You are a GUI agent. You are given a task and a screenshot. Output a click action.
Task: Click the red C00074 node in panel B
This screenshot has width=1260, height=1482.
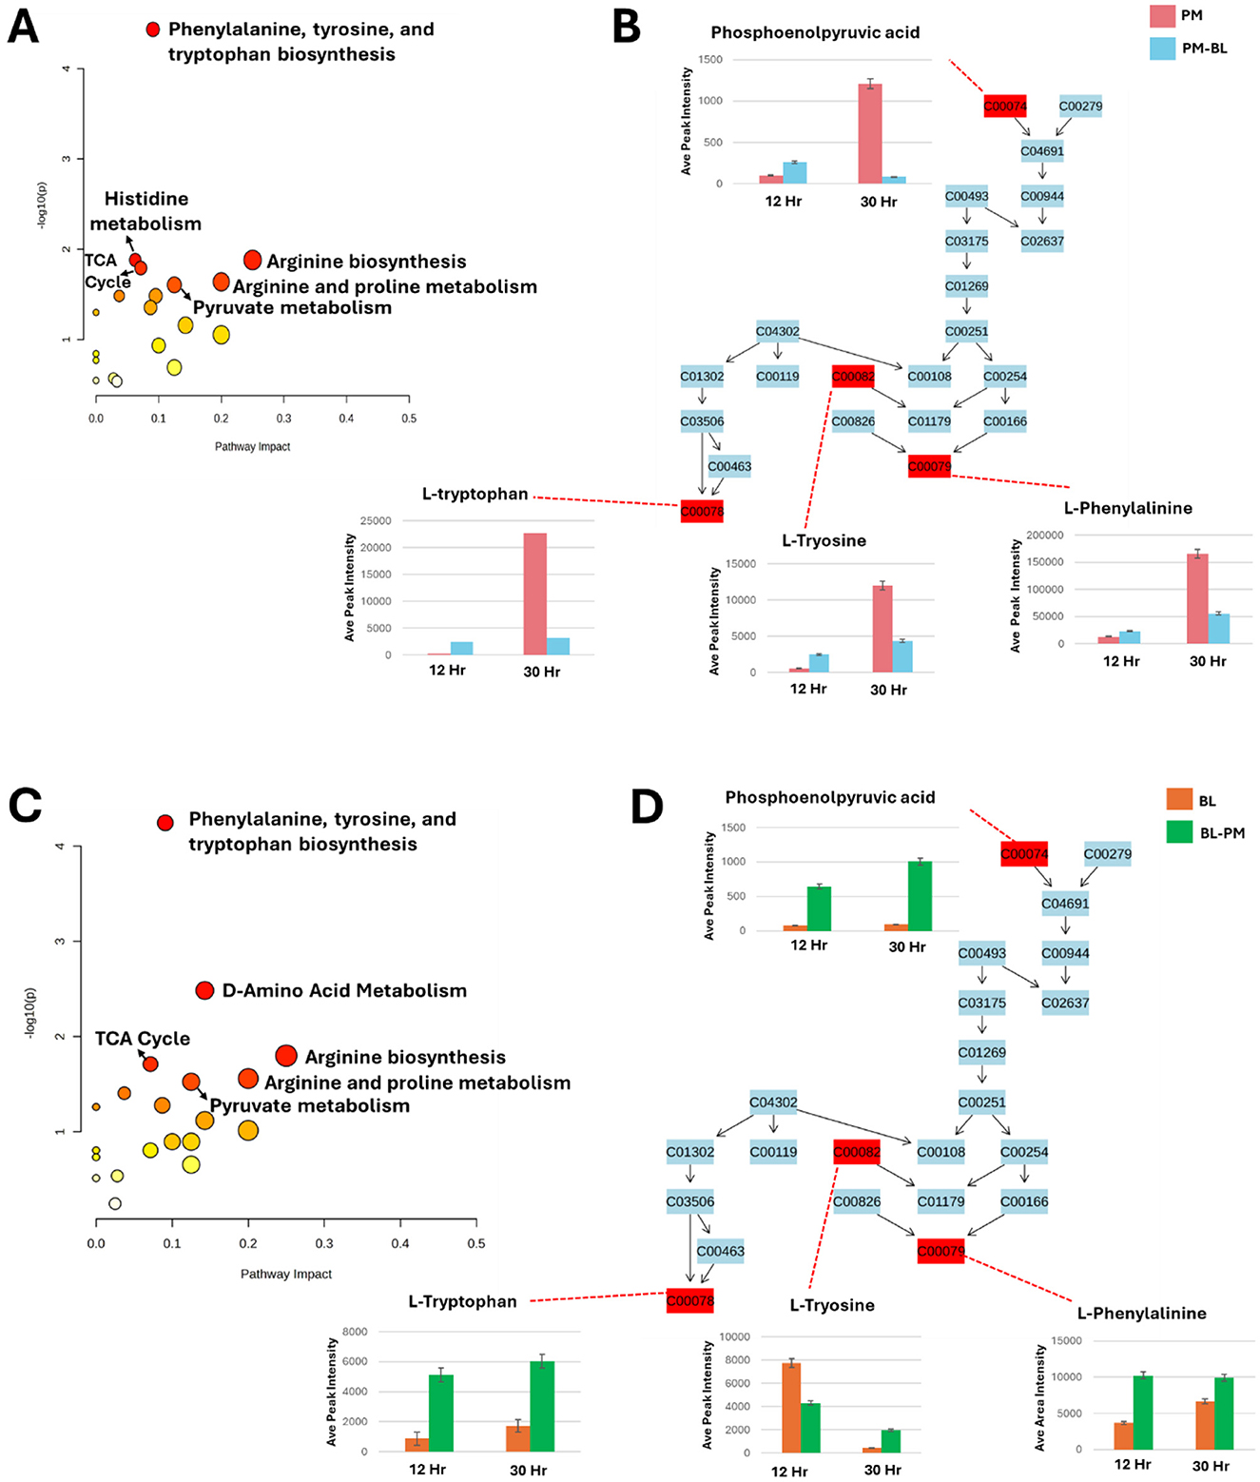click(x=1004, y=106)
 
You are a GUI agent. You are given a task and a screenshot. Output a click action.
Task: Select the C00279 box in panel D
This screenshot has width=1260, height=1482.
click(x=1107, y=853)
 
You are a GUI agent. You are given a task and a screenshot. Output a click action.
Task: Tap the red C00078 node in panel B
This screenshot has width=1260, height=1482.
click(x=702, y=511)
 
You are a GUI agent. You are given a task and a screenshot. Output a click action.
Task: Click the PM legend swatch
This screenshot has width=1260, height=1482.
click(x=1162, y=15)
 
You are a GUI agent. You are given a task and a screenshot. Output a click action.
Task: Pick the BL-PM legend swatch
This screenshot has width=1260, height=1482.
click(x=1179, y=832)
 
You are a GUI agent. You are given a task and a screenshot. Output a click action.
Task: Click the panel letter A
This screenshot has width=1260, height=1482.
click(x=24, y=27)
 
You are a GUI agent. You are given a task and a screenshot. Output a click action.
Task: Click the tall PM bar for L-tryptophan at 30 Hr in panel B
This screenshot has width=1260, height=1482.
click(x=534, y=594)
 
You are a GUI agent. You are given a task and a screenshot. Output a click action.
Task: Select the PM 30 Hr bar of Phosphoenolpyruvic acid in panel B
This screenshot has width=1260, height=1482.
click(x=869, y=133)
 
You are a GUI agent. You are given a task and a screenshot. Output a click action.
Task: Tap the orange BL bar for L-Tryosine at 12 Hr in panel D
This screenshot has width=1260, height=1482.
click(x=791, y=1407)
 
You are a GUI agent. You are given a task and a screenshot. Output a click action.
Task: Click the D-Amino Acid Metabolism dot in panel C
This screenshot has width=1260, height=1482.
click(x=204, y=990)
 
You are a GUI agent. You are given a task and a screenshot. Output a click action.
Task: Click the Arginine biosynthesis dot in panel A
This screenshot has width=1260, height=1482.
click(x=252, y=260)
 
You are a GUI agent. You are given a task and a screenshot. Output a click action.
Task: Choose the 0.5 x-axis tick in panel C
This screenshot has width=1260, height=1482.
click(x=476, y=1243)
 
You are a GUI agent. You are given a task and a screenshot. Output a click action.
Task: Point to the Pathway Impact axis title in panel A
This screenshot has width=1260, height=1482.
click(x=252, y=446)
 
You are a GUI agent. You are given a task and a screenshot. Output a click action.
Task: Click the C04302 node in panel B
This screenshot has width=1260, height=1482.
click(x=777, y=331)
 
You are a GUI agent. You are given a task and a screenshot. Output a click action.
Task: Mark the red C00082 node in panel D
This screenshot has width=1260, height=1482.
click(x=857, y=1152)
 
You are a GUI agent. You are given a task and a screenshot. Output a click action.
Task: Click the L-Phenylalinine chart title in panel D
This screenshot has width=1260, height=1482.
click(x=1141, y=1313)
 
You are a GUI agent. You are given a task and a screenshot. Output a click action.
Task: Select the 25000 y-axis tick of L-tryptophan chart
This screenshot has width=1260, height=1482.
click(x=376, y=521)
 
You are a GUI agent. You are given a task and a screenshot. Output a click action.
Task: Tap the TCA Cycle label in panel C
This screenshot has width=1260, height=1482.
click(x=143, y=1039)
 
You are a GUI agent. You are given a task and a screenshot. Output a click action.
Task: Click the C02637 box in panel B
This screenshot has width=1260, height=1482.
click(x=1042, y=241)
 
